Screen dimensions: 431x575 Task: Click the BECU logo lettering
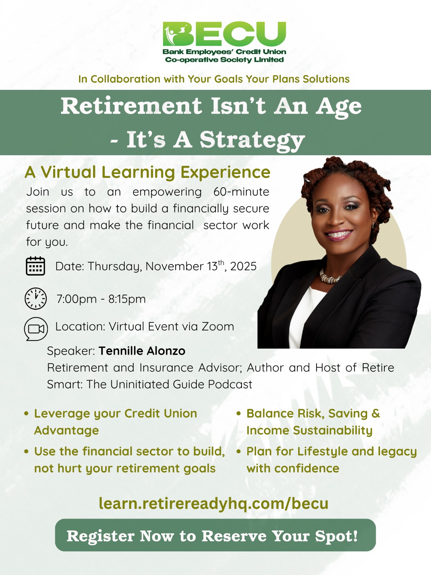[x=224, y=34]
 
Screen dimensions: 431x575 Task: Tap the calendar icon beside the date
[x=35, y=266]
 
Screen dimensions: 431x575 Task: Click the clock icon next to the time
[x=36, y=299]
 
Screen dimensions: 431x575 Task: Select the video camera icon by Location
[x=36, y=329]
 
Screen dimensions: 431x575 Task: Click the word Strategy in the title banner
[x=252, y=140]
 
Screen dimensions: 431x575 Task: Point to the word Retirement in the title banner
[x=131, y=106]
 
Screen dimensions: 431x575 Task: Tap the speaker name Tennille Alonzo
[x=142, y=351]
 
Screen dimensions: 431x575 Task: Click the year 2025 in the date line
[x=244, y=266]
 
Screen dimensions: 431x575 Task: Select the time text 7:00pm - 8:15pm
[x=101, y=299]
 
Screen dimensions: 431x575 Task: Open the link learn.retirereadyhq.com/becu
[x=214, y=503]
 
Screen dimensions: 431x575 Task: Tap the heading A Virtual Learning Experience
[x=148, y=172]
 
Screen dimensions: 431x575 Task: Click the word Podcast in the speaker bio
[x=230, y=384]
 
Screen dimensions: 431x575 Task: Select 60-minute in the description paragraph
[x=241, y=192]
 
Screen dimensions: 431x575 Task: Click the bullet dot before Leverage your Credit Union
[x=26, y=414]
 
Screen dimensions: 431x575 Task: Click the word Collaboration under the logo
[x=125, y=79]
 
